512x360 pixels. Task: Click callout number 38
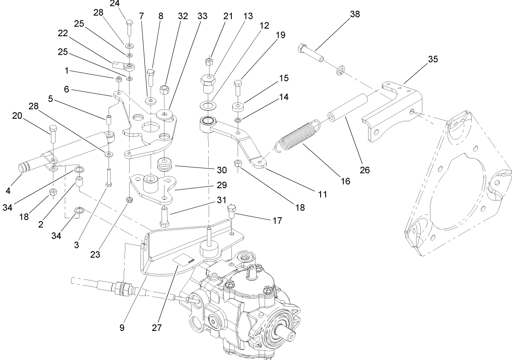(355, 14)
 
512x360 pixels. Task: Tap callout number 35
(433, 59)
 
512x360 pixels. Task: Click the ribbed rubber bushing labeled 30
(165, 165)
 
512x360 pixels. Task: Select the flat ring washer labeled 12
(207, 104)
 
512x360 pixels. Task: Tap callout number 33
(202, 16)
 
